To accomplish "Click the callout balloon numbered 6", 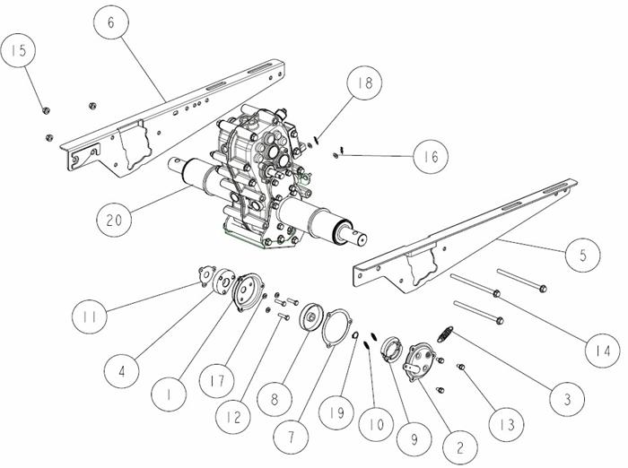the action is coord(111,22).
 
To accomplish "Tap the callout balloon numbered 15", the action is coord(18,50).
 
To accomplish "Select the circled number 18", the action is coord(364,82).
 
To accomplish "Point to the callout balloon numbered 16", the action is coord(431,156).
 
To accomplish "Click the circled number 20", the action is coord(114,220).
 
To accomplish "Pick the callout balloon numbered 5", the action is coord(583,255).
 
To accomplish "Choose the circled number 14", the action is coord(602,351).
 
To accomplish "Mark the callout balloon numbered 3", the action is coord(567,398).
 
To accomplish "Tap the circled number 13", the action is coord(507,424).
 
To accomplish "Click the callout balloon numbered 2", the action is coord(460,447).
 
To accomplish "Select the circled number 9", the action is coord(414,438).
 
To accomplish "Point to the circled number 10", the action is coord(376,424).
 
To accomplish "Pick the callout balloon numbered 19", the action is coord(336,412).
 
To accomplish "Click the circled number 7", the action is coord(291,437).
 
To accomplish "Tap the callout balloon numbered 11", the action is coord(90,316).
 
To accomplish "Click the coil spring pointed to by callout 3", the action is coord(445,334).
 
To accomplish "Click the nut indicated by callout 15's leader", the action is coord(46,110).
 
